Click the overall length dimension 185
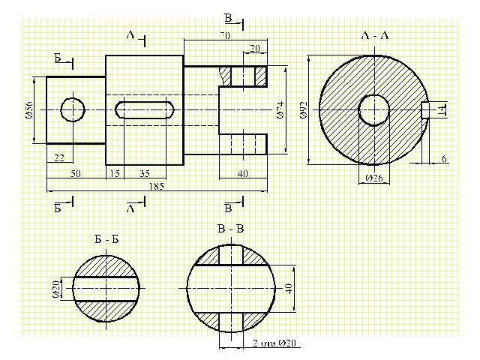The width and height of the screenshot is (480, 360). [x=157, y=185]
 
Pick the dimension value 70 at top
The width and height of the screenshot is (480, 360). [x=225, y=35]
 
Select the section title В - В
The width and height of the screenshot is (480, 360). [x=229, y=229]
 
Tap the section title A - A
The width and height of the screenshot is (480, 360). [x=375, y=35]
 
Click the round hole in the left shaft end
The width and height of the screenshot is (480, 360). [x=73, y=109]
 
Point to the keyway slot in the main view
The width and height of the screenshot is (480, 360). [x=145, y=109]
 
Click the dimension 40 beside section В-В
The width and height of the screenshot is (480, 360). [x=289, y=288]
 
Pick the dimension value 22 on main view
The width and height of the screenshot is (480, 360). [x=59, y=157]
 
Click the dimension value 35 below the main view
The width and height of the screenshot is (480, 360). [x=145, y=173]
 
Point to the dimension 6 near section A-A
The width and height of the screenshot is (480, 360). [x=444, y=158]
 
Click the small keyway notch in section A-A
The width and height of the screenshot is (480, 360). [x=425, y=110]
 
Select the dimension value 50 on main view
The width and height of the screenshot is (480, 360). [x=76, y=173]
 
